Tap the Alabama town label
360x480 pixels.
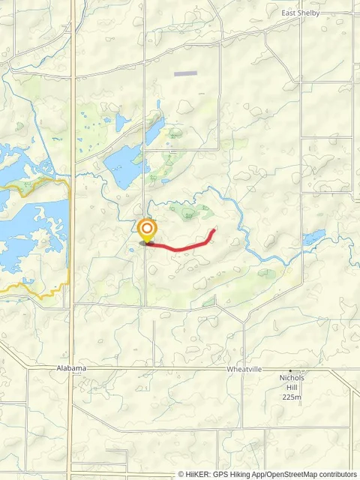[71, 368]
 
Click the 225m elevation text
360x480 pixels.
[291, 397]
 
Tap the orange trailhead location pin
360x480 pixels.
[147, 229]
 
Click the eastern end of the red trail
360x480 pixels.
[214, 230]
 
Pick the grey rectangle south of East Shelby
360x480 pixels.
[185, 73]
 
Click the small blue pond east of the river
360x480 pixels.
[314, 238]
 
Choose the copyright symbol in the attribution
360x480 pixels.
[181, 474]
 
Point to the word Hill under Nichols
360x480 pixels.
[290, 388]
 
